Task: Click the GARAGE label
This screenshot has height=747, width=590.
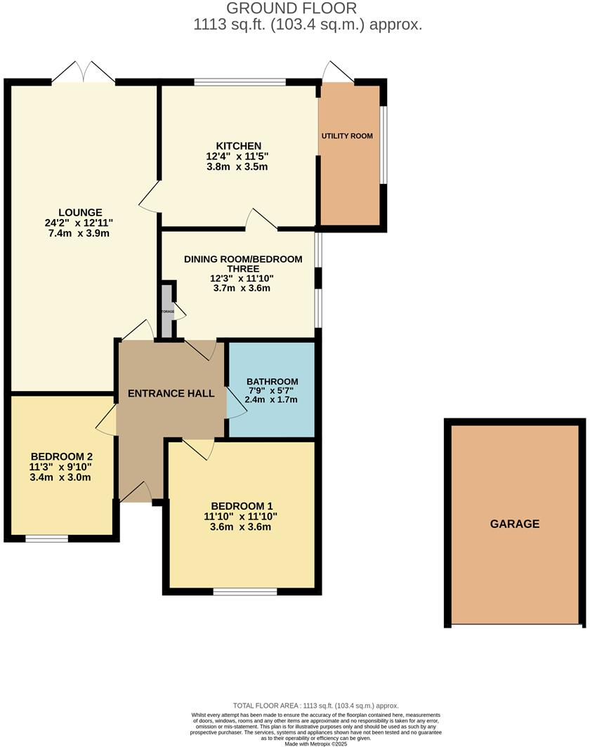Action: (x=515, y=524)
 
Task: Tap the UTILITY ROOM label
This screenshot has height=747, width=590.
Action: (x=347, y=135)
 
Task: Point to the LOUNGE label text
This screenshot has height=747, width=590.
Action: (x=80, y=212)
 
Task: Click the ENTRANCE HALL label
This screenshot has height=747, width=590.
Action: (x=171, y=394)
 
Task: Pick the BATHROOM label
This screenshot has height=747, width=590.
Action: (x=271, y=382)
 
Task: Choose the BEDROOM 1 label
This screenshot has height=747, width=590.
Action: (x=242, y=506)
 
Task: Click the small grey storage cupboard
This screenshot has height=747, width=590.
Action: (x=167, y=310)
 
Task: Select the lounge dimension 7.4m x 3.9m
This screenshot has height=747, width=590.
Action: (x=80, y=233)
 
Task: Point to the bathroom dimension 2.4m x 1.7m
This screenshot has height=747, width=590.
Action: (x=271, y=399)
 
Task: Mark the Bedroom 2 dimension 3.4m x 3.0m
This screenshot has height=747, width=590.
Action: (x=61, y=477)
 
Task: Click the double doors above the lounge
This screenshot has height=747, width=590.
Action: (x=84, y=71)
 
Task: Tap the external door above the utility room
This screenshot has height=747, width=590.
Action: (x=337, y=72)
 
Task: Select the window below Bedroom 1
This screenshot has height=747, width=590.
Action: (x=245, y=591)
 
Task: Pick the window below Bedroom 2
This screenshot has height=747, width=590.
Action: (x=47, y=539)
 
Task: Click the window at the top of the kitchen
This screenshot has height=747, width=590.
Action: (x=240, y=82)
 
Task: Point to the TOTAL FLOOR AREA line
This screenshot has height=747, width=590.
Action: (x=315, y=706)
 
